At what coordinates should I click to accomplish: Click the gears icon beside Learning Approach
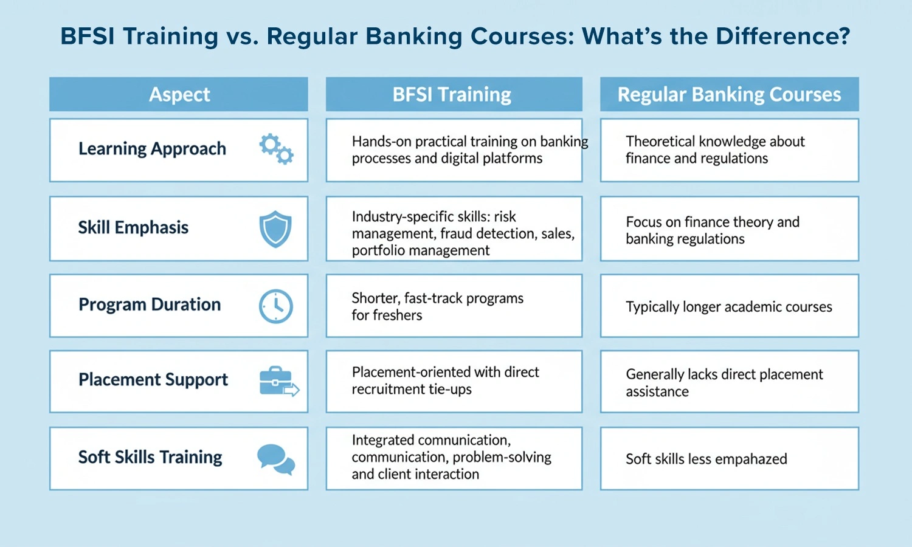pyautogui.click(x=276, y=149)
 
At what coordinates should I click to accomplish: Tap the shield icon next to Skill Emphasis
pyautogui.click(x=275, y=229)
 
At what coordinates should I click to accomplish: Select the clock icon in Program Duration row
pyautogui.click(x=275, y=306)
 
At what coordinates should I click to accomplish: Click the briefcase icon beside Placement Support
pyautogui.click(x=278, y=381)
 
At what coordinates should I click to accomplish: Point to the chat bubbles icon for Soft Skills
pyautogui.click(x=275, y=459)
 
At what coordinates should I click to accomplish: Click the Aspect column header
pyautogui.click(x=179, y=94)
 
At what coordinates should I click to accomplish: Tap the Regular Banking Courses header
pyautogui.click(x=729, y=94)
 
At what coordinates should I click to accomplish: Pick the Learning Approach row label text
pyautogui.click(x=152, y=149)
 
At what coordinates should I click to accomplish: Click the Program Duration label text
pyautogui.click(x=150, y=304)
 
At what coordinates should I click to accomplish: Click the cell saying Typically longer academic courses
pyautogui.click(x=728, y=307)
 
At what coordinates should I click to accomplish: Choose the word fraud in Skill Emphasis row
pyautogui.click(x=458, y=233)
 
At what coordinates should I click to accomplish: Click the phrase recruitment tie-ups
pyautogui.click(x=411, y=389)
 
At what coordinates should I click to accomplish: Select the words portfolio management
pyautogui.click(x=420, y=250)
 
